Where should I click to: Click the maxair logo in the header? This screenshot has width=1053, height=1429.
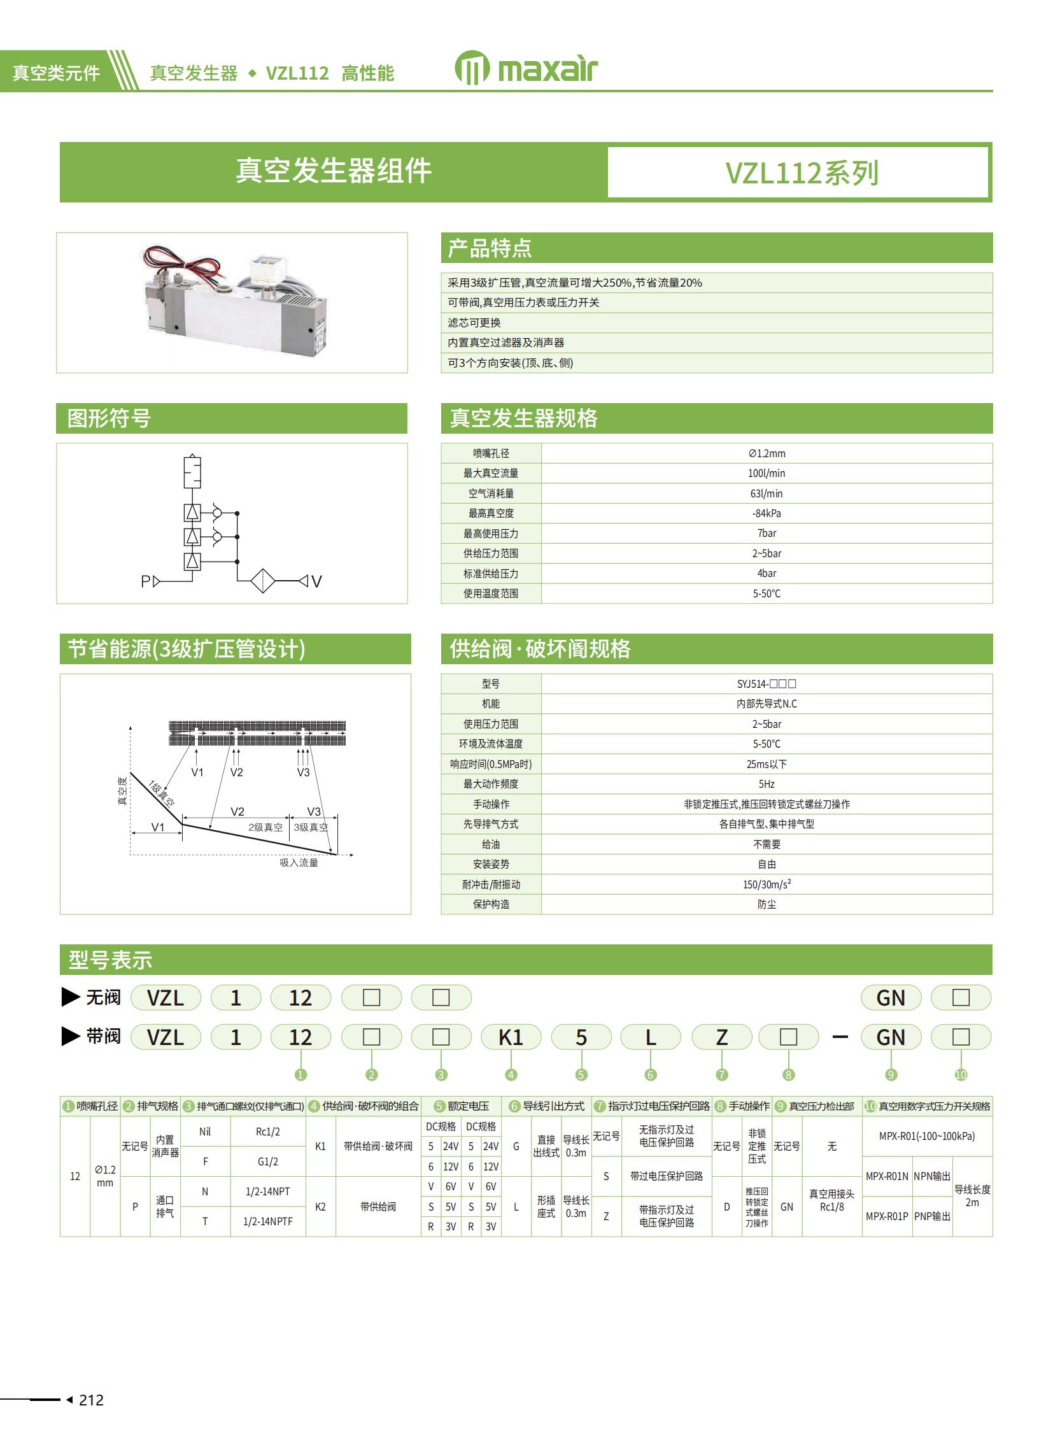click(x=526, y=68)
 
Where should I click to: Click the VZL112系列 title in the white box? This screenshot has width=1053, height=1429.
click(x=802, y=173)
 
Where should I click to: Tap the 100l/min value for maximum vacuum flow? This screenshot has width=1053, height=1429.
click(x=766, y=473)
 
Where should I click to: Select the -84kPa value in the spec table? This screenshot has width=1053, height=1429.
click(x=766, y=513)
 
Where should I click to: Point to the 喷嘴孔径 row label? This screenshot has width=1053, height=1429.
click(x=491, y=453)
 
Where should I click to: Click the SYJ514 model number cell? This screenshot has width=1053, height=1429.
click(x=766, y=684)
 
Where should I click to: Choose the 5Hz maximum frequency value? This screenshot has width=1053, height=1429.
click(x=766, y=784)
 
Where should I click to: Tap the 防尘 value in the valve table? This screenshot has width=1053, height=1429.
click(x=766, y=904)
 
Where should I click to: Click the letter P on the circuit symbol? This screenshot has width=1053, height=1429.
click(x=145, y=581)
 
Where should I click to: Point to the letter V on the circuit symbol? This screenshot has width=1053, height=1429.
click(x=317, y=581)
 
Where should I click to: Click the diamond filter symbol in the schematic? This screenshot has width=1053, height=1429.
click(x=262, y=581)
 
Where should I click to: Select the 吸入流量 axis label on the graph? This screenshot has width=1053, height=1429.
click(x=299, y=863)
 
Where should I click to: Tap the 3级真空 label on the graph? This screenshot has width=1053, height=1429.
click(x=311, y=827)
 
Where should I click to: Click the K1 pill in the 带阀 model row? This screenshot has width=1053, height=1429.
click(x=511, y=1037)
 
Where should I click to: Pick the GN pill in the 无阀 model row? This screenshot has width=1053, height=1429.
click(x=891, y=998)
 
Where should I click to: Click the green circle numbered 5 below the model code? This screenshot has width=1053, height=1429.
click(x=581, y=1075)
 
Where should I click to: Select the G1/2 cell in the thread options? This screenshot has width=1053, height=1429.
click(x=268, y=1162)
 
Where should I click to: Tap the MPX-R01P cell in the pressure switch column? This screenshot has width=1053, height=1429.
click(x=887, y=1216)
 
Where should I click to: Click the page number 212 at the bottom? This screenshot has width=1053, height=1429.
click(x=91, y=1400)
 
